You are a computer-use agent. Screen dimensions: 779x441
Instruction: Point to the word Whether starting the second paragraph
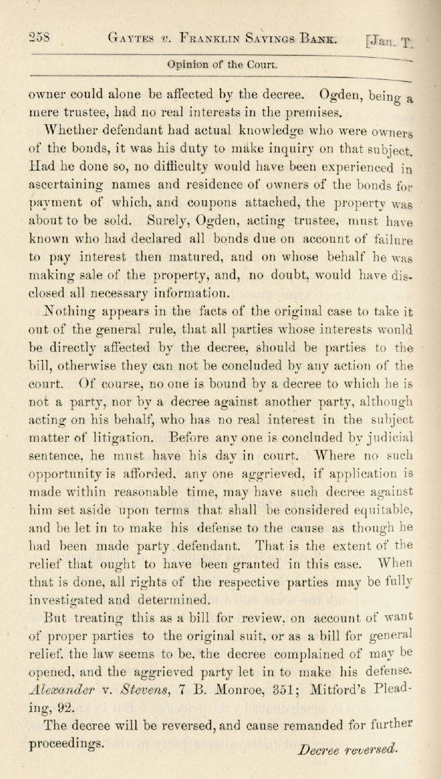[69, 129]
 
